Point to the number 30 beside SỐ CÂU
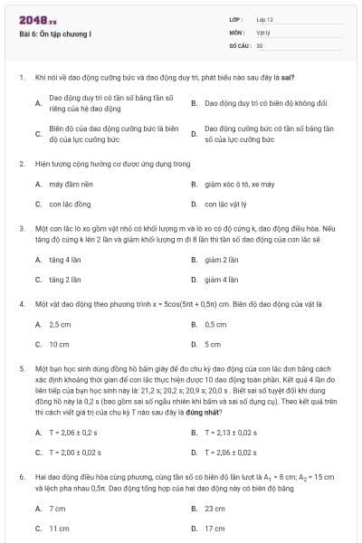[x=260, y=44]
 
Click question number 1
[x=21, y=78]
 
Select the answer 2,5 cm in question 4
[x=60, y=324]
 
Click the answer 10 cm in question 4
[x=59, y=344]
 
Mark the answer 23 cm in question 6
[x=215, y=509]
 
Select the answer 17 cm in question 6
[x=215, y=528]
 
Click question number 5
[x=21, y=370]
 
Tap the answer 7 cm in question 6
[x=57, y=509]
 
